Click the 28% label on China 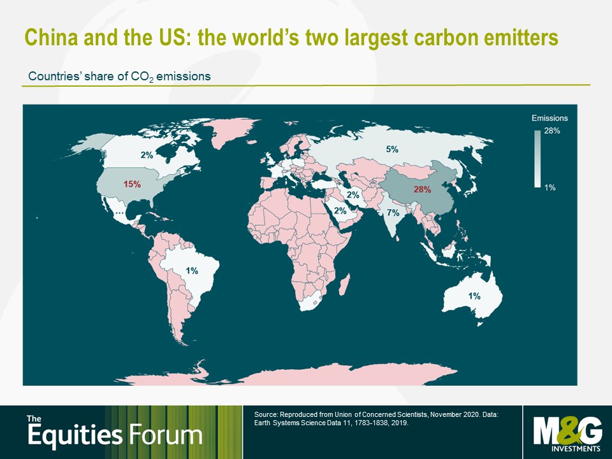click(422, 190)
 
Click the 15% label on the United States click(132, 184)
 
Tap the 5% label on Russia click(392, 149)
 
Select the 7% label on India click(393, 213)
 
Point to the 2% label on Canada click(147, 155)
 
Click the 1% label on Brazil click(192, 270)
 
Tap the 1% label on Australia click(474, 296)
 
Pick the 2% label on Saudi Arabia click(340, 211)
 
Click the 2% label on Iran click(353, 194)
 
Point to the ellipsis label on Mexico click(119, 213)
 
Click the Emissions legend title click(550, 118)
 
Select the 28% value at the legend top click(552, 131)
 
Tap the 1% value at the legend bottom click(550, 187)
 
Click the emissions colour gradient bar click(537, 159)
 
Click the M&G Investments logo click(567, 433)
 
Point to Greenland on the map click(230, 131)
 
